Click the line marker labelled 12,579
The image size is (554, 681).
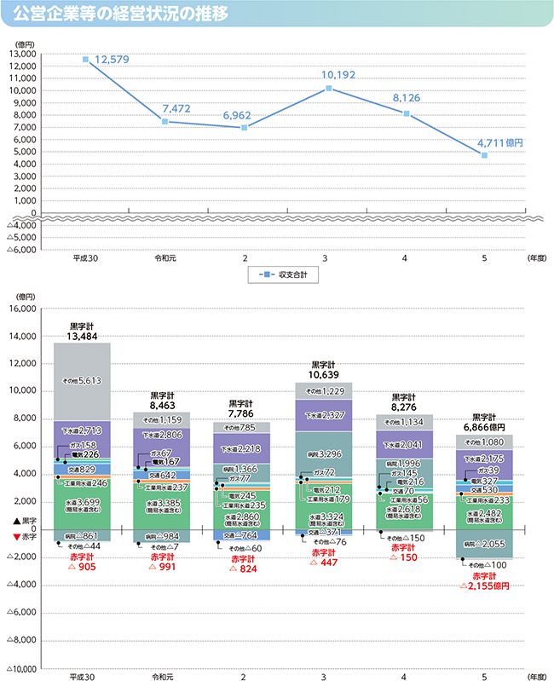pyautogui.click(x=86, y=60)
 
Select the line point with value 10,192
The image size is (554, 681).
pyautogui.click(x=328, y=88)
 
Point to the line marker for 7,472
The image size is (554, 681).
pyautogui.click(x=164, y=121)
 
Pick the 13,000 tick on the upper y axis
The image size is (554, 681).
pyautogui.click(x=24, y=54)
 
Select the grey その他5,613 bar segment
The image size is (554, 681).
pyautogui.click(x=83, y=381)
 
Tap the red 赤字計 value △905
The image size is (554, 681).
pyautogui.click(x=83, y=567)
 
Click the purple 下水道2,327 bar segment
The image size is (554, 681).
pyautogui.click(x=325, y=415)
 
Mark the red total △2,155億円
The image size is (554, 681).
pyautogui.click(x=484, y=586)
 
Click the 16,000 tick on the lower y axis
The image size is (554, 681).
pyautogui.click(x=24, y=309)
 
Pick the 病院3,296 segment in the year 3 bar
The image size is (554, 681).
pyautogui.click(x=325, y=454)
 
